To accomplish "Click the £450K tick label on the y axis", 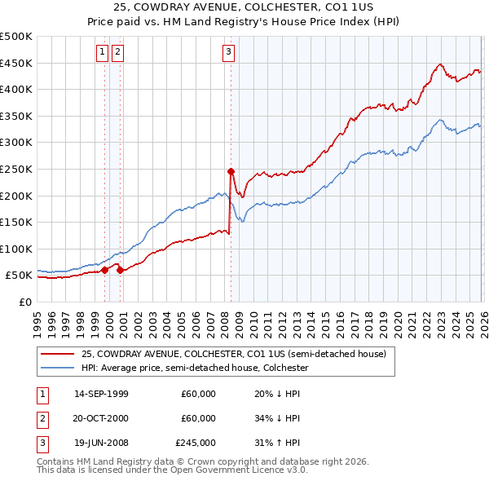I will tap(16, 63).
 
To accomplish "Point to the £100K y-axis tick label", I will tap(16, 249).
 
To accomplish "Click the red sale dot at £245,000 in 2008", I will tap(231, 171).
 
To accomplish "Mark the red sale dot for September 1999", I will tap(105, 270).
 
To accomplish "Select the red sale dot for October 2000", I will tap(121, 270).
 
